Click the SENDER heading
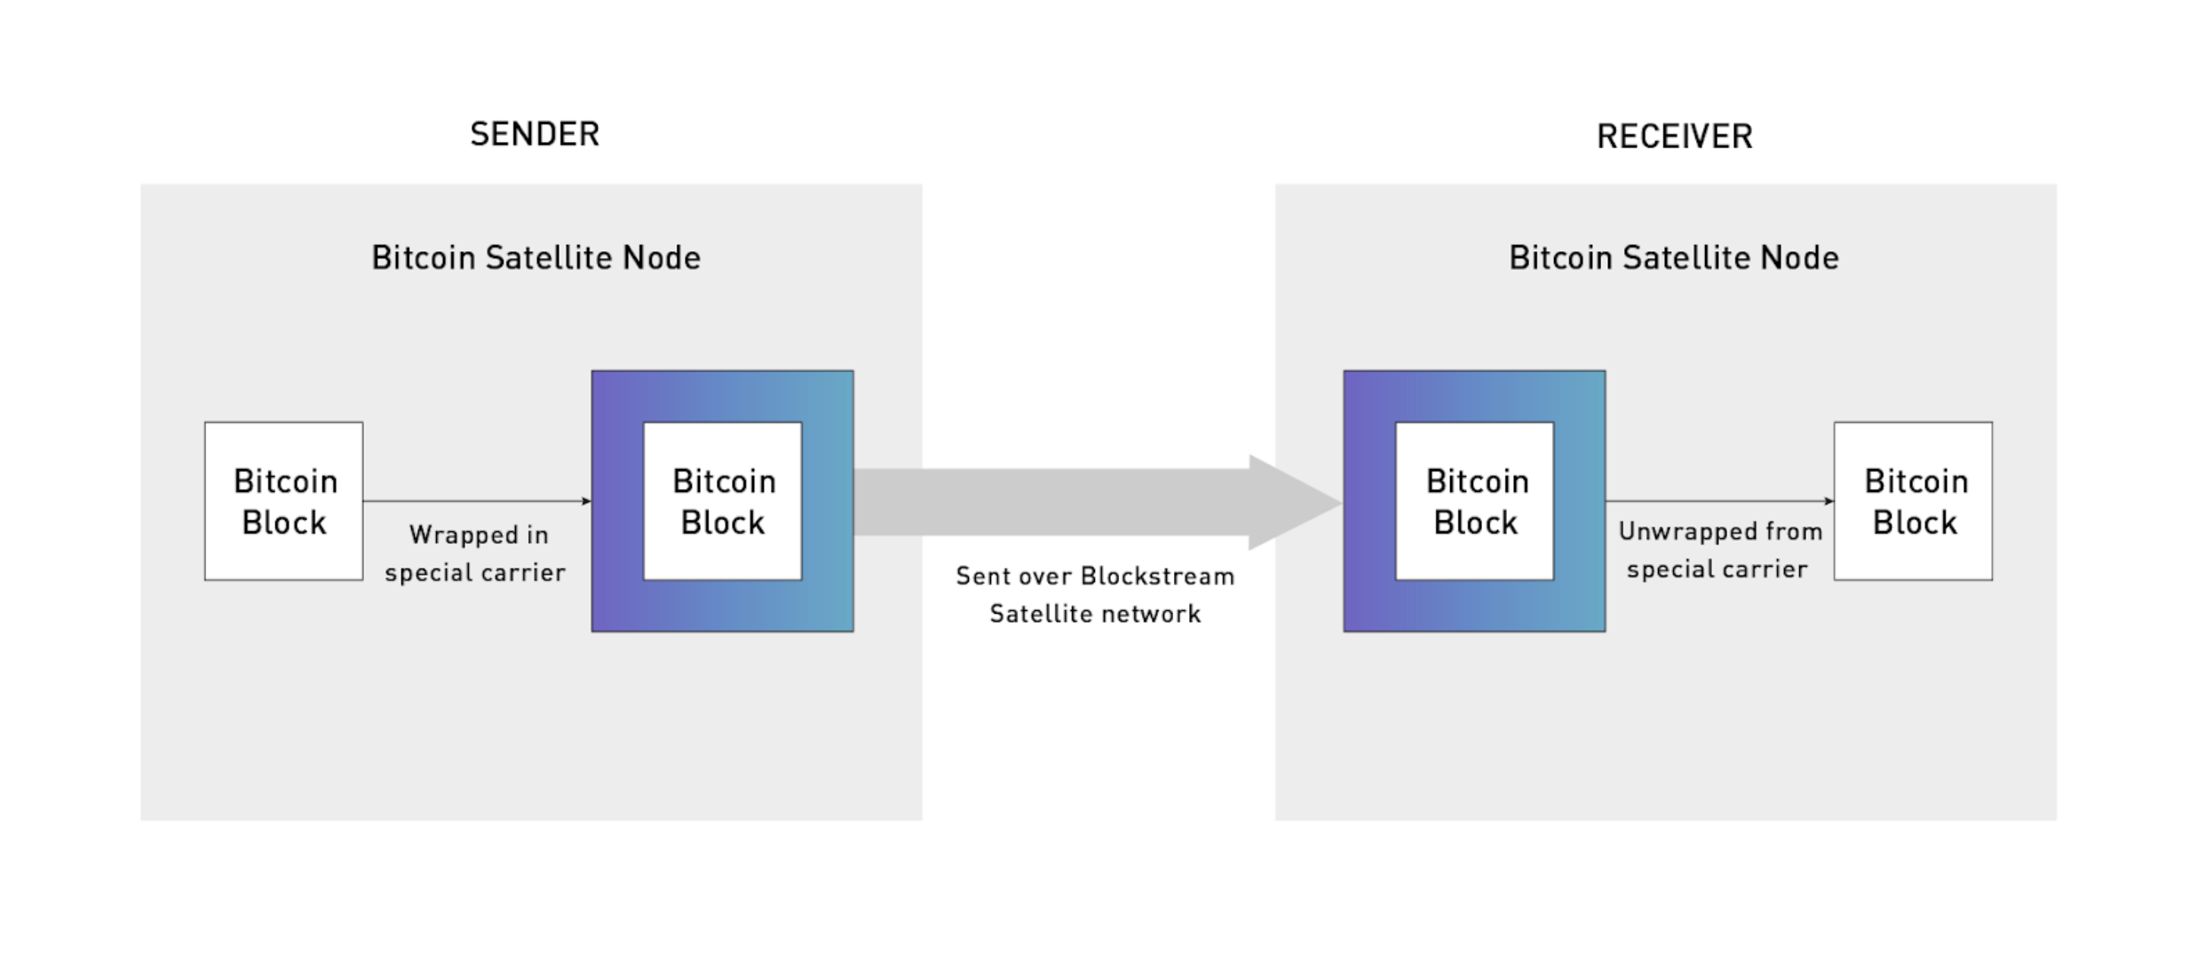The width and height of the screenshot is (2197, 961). coord(535,134)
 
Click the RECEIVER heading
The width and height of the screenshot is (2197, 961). coord(1674,137)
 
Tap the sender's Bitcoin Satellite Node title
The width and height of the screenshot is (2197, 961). coord(535,258)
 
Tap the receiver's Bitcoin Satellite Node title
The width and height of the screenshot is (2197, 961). coord(1673,258)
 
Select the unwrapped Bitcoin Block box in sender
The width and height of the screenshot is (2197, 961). coord(283,501)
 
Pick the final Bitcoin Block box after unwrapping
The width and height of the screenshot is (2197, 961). coord(1913,501)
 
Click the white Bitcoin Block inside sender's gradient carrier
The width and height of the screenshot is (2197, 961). coord(722,501)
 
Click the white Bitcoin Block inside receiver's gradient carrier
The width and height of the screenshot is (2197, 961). coord(1474,501)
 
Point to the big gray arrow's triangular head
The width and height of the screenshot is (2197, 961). coord(1292,503)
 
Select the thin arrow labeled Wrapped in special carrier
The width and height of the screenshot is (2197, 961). coord(476,501)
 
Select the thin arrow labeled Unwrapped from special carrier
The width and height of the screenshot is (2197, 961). coord(1718,501)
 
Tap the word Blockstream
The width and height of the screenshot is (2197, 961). coord(1157,576)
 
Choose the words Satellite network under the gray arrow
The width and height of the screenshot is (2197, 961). coord(1095,614)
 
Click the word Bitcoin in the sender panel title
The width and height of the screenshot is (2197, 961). coord(424,258)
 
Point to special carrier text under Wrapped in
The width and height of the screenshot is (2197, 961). coord(475,573)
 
